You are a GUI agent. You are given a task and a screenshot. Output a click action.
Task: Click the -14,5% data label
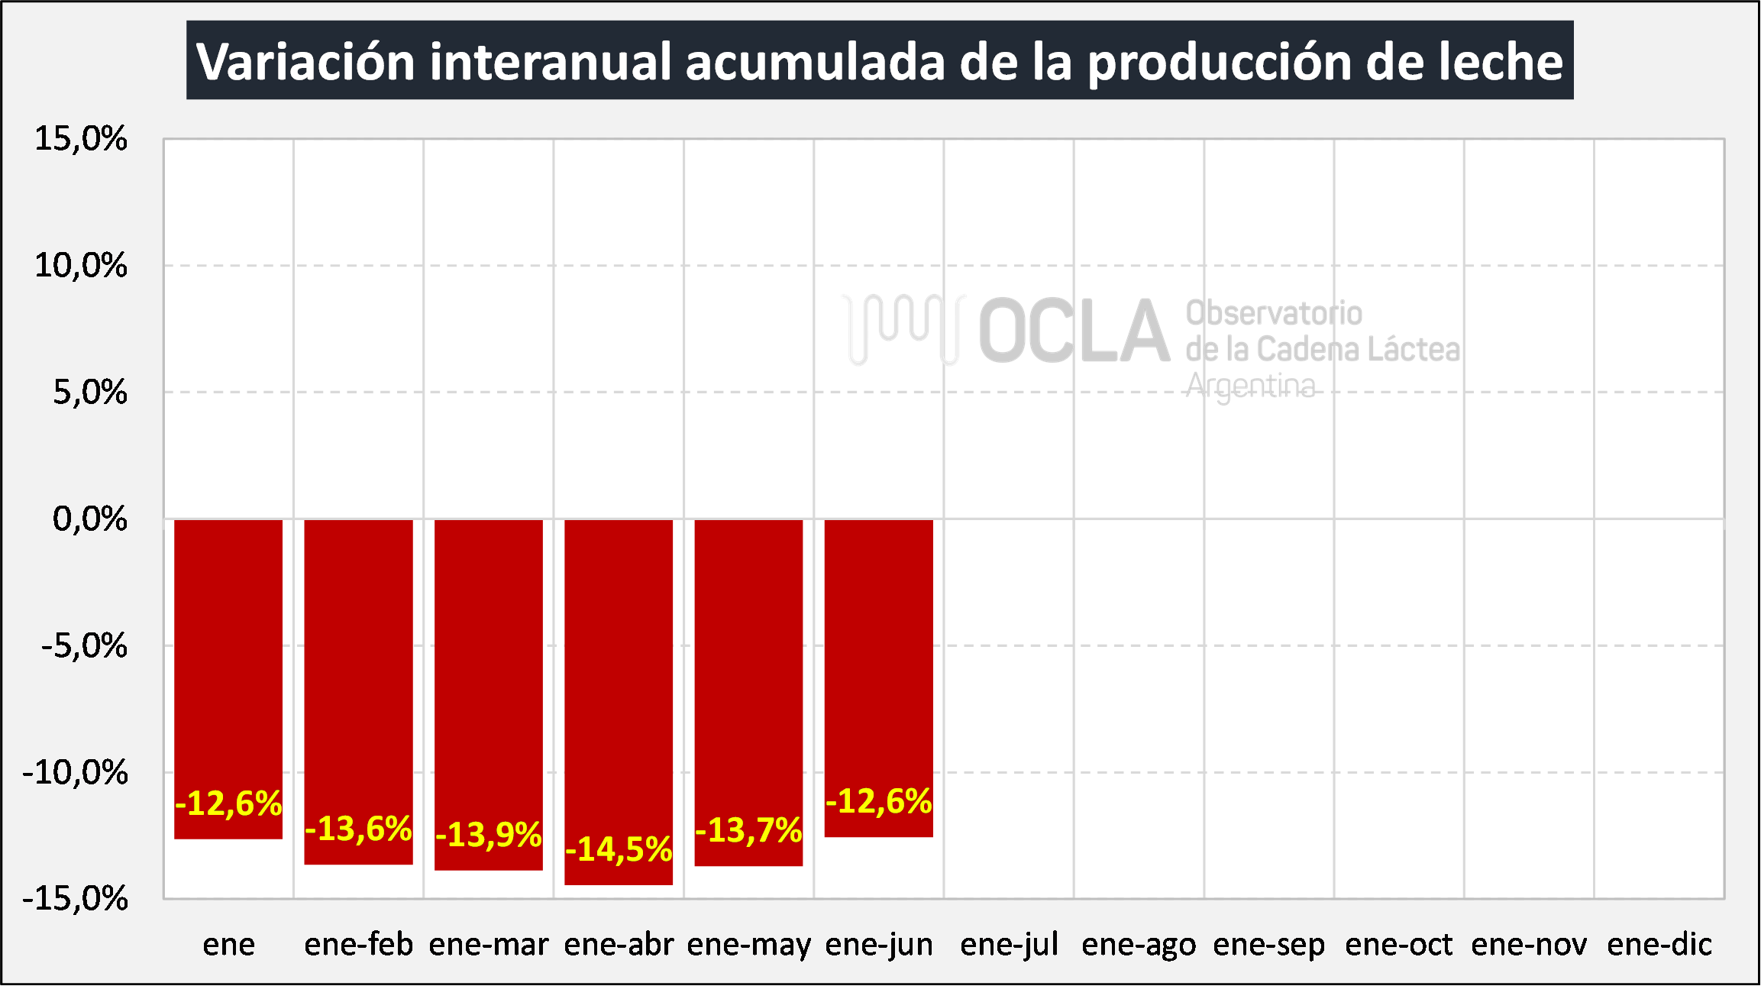click(619, 849)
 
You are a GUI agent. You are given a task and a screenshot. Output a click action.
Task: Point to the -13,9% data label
click(489, 834)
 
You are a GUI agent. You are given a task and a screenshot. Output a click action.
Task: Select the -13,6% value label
click(358, 829)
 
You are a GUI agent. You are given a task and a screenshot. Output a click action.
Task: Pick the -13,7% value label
click(748, 830)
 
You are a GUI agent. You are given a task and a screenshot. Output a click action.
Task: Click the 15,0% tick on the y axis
click(81, 139)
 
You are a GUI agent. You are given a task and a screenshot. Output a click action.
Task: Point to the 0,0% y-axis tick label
click(89, 519)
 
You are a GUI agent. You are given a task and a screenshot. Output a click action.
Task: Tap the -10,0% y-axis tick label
click(76, 772)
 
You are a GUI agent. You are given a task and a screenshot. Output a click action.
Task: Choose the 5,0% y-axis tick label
click(89, 393)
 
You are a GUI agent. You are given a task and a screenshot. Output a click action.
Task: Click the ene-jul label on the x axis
click(1009, 945)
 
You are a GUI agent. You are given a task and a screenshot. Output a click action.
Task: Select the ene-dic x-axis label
click(1659, 945)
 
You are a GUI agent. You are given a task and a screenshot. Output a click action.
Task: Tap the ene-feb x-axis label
click(358, 945)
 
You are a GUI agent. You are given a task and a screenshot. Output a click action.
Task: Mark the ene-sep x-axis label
click(1269, 945)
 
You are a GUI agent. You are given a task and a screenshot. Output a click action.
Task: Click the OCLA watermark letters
click(1074, 331)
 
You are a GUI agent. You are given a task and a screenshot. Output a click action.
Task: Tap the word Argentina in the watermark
click(1251, 386)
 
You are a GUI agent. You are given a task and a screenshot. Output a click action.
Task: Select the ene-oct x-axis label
click(1399, 945)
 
